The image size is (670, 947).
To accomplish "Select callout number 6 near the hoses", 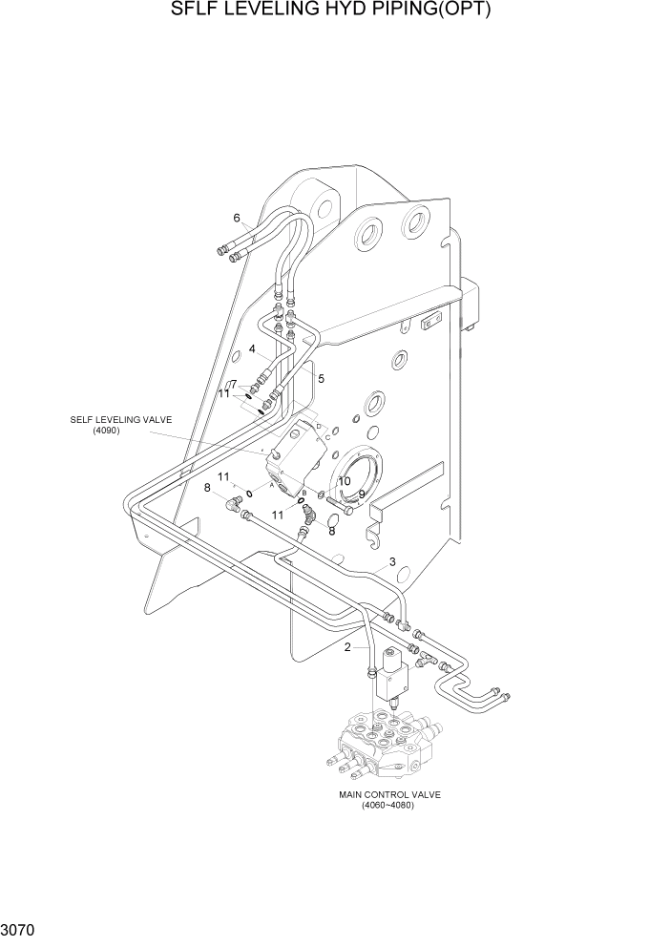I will pyautogui.click(x=237, y=217).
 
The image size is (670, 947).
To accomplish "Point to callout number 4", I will pyautogui.click(x=252, y=349).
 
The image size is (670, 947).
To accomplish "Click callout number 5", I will pyautogui.click(x=322, y=379).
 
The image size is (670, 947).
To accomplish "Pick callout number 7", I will pyautogui.click(x=232, y=384).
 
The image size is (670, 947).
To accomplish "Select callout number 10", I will pyautogui.click(x=344, y=481).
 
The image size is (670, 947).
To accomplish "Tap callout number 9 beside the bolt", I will pyautogui.click(x=362, y=494).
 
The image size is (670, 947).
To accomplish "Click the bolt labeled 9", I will pyautogui.click(x=338, y=504).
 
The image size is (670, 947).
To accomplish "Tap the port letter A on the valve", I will pyautogui.click(x=272, y=484).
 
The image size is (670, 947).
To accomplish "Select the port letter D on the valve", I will pyautogui.click(x=318, y=426).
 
